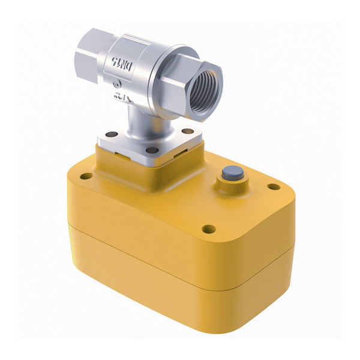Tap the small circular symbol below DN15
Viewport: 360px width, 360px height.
(115, 84)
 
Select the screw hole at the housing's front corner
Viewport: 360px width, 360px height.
(208, 229)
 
